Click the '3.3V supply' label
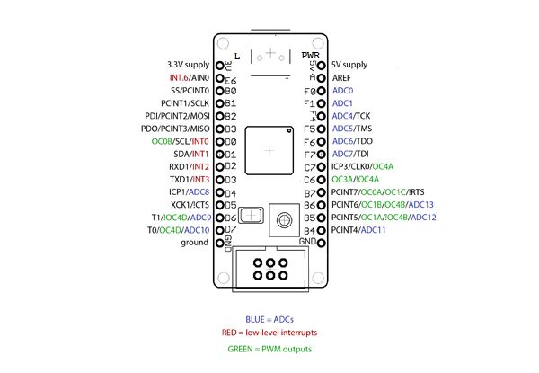click(189, 66)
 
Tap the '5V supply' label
click(349, 66)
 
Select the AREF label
click(341, 78)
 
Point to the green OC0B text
click(162, 141)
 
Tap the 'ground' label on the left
click(195, 243)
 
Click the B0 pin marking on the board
click(230, 91)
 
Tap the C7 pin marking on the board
click(311, 166)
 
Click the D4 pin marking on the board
click(230, 192)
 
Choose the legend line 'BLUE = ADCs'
click(269, 320)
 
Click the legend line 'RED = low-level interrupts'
click(269, 334)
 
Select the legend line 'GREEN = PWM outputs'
click(269, 349)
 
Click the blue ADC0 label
click(342, 91)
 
